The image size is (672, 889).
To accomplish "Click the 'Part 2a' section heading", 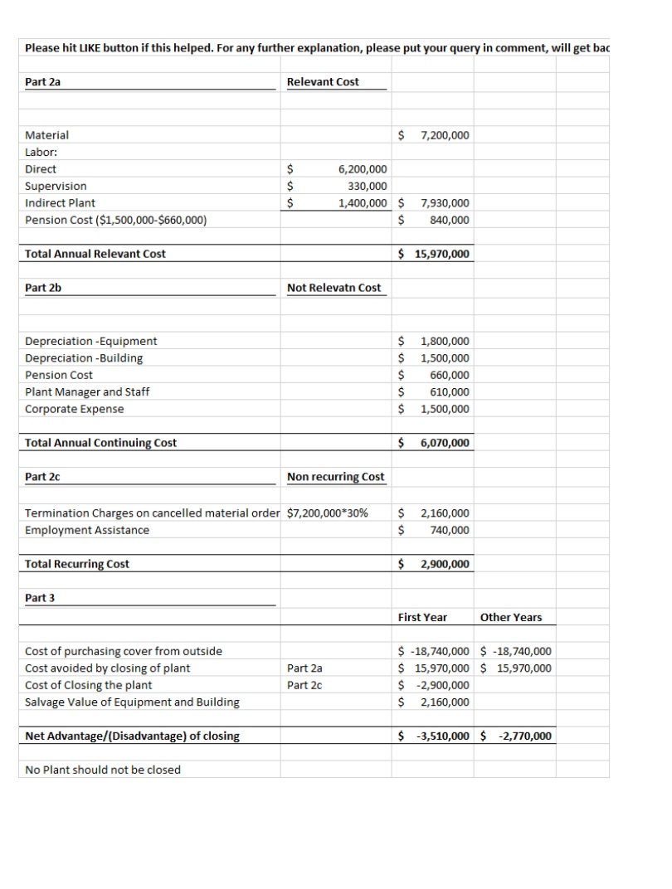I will (x=43, y=81).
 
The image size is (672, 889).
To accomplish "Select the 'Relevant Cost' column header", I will (x=323, y=81).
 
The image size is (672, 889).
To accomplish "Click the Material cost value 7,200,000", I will (x=445, y=135).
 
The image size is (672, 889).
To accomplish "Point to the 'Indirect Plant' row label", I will (x=61, y=203).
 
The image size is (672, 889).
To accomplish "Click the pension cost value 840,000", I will (x=449, y=220).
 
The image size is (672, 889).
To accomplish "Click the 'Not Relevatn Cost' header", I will (x=334, y=288).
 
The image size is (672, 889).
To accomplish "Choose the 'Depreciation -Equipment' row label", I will (x=91, y=341).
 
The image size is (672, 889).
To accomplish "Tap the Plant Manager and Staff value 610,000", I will (x=449, y=392).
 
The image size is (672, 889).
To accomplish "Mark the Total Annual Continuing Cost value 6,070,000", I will (x=445, y=443).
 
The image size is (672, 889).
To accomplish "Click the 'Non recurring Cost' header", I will (x=335, y=477).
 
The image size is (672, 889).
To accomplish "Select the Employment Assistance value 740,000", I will (x=449, y=530).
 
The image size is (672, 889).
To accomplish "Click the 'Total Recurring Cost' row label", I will (x=77, y=564).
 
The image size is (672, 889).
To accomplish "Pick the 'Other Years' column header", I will (x=511, y=617).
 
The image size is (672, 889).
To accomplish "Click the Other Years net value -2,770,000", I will (x=524, y=736).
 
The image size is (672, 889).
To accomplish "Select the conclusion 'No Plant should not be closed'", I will (x=103, y=770).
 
